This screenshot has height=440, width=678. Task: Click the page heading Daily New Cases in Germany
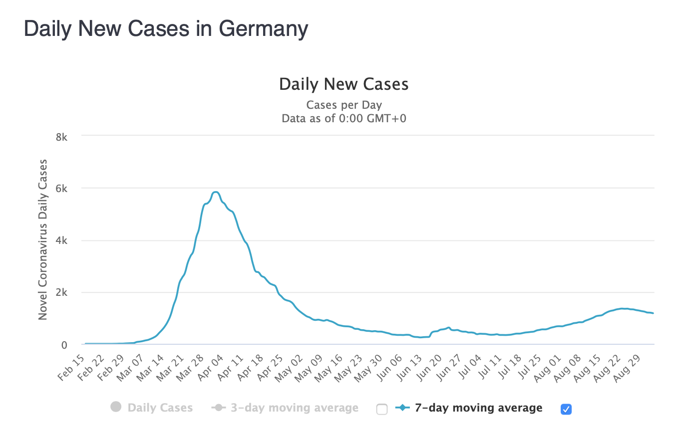pos(166,29)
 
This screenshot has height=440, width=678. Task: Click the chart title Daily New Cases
pos(343,84)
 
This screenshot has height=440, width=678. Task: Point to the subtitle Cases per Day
pos(343,105)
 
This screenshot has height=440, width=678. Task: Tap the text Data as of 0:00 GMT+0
pos(343,119)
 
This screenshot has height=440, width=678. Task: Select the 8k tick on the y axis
pos(61,136)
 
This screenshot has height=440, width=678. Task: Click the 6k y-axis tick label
pos(61,189)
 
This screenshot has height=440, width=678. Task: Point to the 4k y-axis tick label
pos(61,240)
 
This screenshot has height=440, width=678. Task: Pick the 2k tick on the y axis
pos(61,293)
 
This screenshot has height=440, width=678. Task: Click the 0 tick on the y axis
pos(64,345)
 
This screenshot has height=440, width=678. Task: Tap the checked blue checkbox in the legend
pos(566,409)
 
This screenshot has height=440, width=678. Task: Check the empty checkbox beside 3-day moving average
pos(382,409)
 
